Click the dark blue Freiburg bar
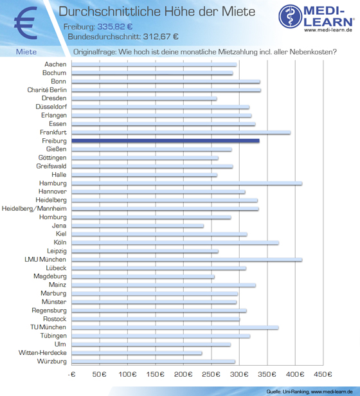pos(165,141)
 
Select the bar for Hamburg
pos(187,183)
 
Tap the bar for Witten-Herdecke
pos(137,353)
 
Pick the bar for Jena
pos(138,226)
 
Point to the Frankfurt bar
pos(181,132)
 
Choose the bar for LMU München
pos(187,259)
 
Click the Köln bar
pos(175,242)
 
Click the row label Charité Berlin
pos(47,90)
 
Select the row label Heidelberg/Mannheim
pos(34,208)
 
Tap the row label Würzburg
pos(52,361)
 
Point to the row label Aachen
pos(55,64)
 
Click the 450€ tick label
pos(323,374)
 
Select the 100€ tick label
pos(127,374)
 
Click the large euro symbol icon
pos(26,23)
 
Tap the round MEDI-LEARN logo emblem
pos(291,16)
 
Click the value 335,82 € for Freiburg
pos(115,26)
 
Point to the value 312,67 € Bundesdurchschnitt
pos(161,37)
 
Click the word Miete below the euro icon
pos(26,52)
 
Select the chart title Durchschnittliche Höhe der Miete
pos(157,12)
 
